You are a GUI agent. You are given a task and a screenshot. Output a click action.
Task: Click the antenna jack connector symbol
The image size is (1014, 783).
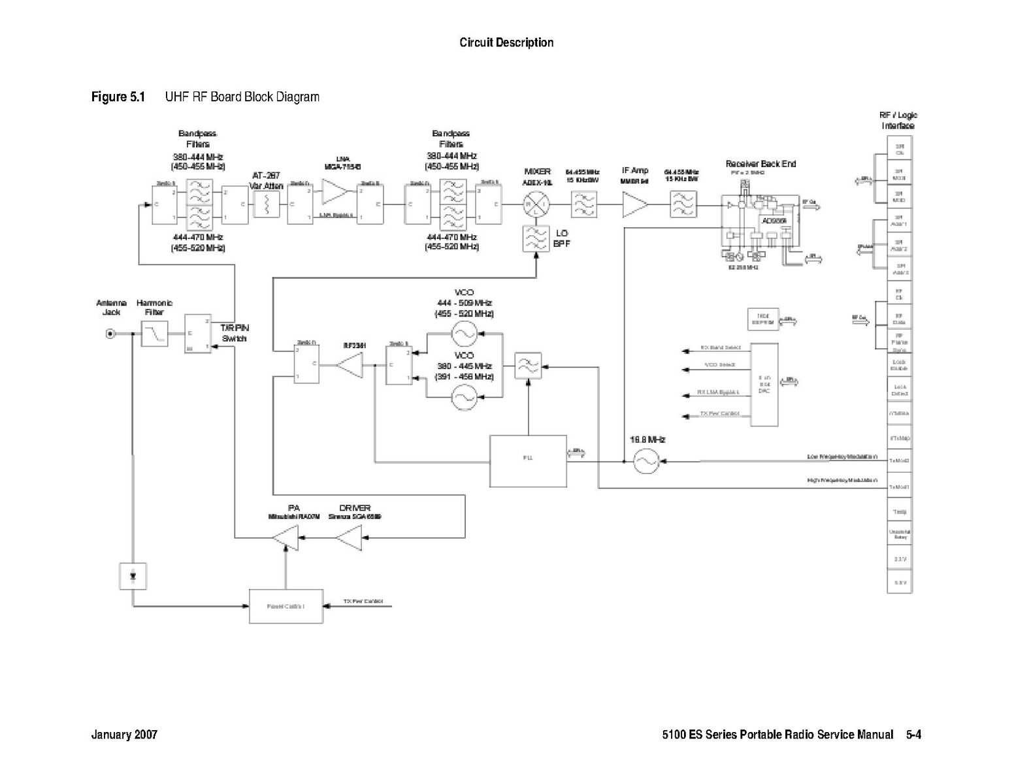click(110, 334)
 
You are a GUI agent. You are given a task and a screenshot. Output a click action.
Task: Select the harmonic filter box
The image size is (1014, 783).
click(154, 334)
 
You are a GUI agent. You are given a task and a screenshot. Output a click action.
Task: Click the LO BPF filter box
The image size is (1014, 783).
click(536, 239)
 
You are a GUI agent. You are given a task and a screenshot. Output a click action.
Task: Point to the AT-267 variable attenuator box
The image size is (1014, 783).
click(266, 205)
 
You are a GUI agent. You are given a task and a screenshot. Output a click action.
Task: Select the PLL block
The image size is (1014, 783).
click(528, 460)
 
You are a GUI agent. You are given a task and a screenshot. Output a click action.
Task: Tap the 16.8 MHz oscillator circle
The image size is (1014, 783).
click(646, 461)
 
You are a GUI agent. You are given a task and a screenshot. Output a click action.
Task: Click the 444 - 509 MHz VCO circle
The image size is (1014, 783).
click(465, 334)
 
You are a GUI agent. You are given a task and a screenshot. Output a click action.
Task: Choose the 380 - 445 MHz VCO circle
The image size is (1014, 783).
click(465, 396)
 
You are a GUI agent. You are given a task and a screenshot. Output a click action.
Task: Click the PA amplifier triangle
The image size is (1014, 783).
click(286, 539)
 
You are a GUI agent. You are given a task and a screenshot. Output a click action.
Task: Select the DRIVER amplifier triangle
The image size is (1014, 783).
click(350, 539)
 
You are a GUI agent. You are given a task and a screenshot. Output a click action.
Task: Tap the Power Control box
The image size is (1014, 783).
click(286, 606)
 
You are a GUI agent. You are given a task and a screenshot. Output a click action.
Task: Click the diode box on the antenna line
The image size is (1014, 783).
click(133, 576)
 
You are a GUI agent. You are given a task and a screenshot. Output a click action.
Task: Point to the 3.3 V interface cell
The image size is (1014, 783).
click(899, 559)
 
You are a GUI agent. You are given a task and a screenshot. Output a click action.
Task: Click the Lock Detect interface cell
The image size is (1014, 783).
click(899, 390)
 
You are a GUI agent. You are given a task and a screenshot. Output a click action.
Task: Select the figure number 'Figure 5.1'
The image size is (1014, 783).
click(118, 97)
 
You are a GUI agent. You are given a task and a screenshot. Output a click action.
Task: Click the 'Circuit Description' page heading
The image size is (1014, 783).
click(506, 43)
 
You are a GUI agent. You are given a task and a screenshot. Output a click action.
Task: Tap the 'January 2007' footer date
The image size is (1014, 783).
click(124, 735)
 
